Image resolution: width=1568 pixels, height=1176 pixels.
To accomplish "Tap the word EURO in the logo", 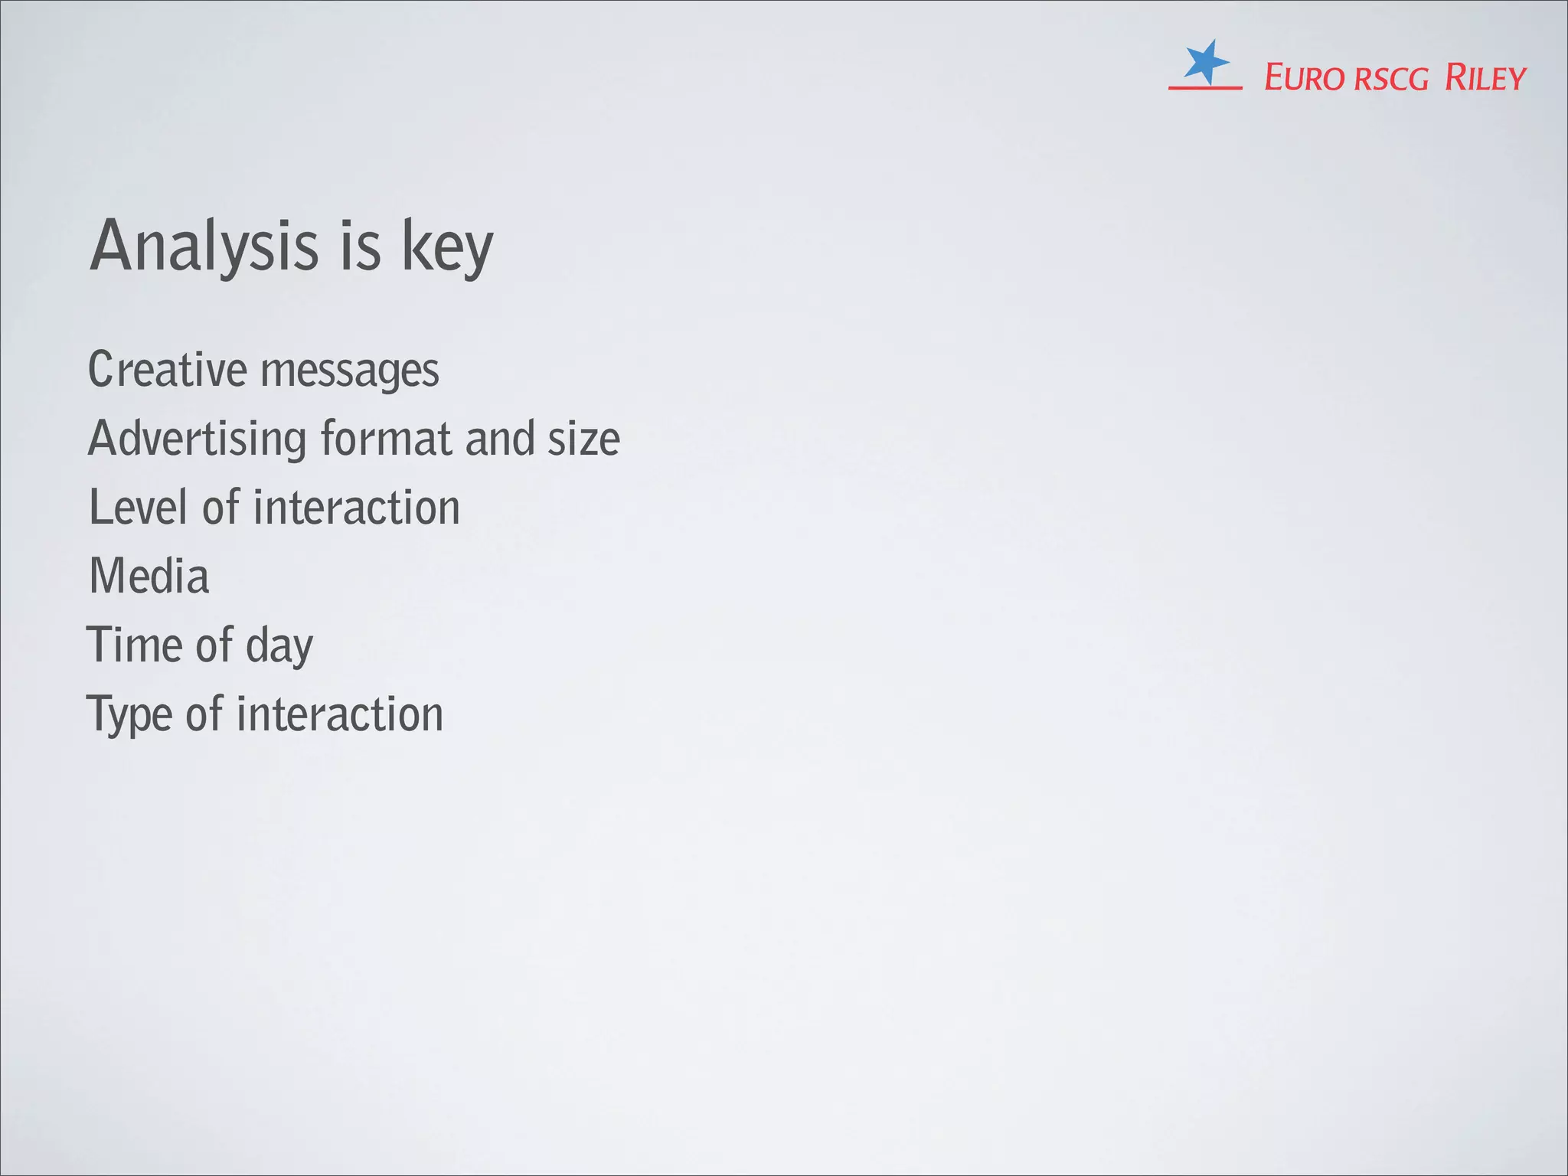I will tap(1304, 78).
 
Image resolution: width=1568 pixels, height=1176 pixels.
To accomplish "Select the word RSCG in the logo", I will tap(1391, 80).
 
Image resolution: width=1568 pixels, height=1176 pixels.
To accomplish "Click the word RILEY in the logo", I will tap(1485, 78).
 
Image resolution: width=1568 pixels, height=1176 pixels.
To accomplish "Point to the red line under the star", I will tap(1205, 88).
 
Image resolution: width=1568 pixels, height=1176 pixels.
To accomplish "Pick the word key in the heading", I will tap(448, 248).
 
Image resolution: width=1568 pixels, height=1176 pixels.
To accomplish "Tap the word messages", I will tap(350, 372).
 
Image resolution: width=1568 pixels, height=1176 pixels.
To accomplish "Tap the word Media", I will tap(149, 576).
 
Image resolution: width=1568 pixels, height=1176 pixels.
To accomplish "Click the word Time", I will tap(135, 645).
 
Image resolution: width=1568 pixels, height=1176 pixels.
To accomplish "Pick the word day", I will tap(279, 648).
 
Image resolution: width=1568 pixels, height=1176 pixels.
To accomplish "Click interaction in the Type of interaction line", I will tap(340, 714).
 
